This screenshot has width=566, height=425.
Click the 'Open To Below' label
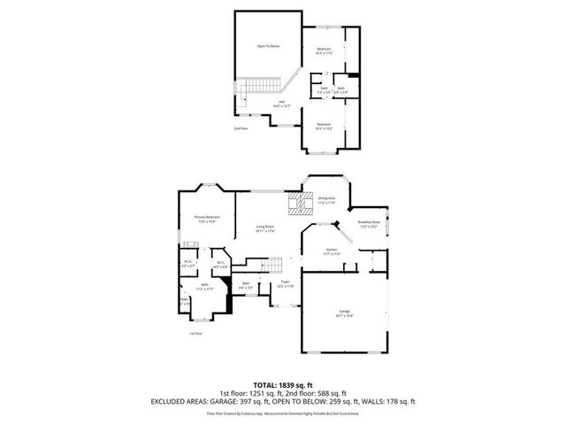click(268, 46)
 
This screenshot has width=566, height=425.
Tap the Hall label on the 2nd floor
click(281, 104)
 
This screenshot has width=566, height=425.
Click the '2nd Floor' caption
click(239, 129)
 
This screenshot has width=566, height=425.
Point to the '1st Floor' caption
click(195, 334)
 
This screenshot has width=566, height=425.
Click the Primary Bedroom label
click(207, 219)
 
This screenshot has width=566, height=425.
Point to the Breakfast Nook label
click(369, 224)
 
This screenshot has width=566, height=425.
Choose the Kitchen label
click(332, 253)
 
